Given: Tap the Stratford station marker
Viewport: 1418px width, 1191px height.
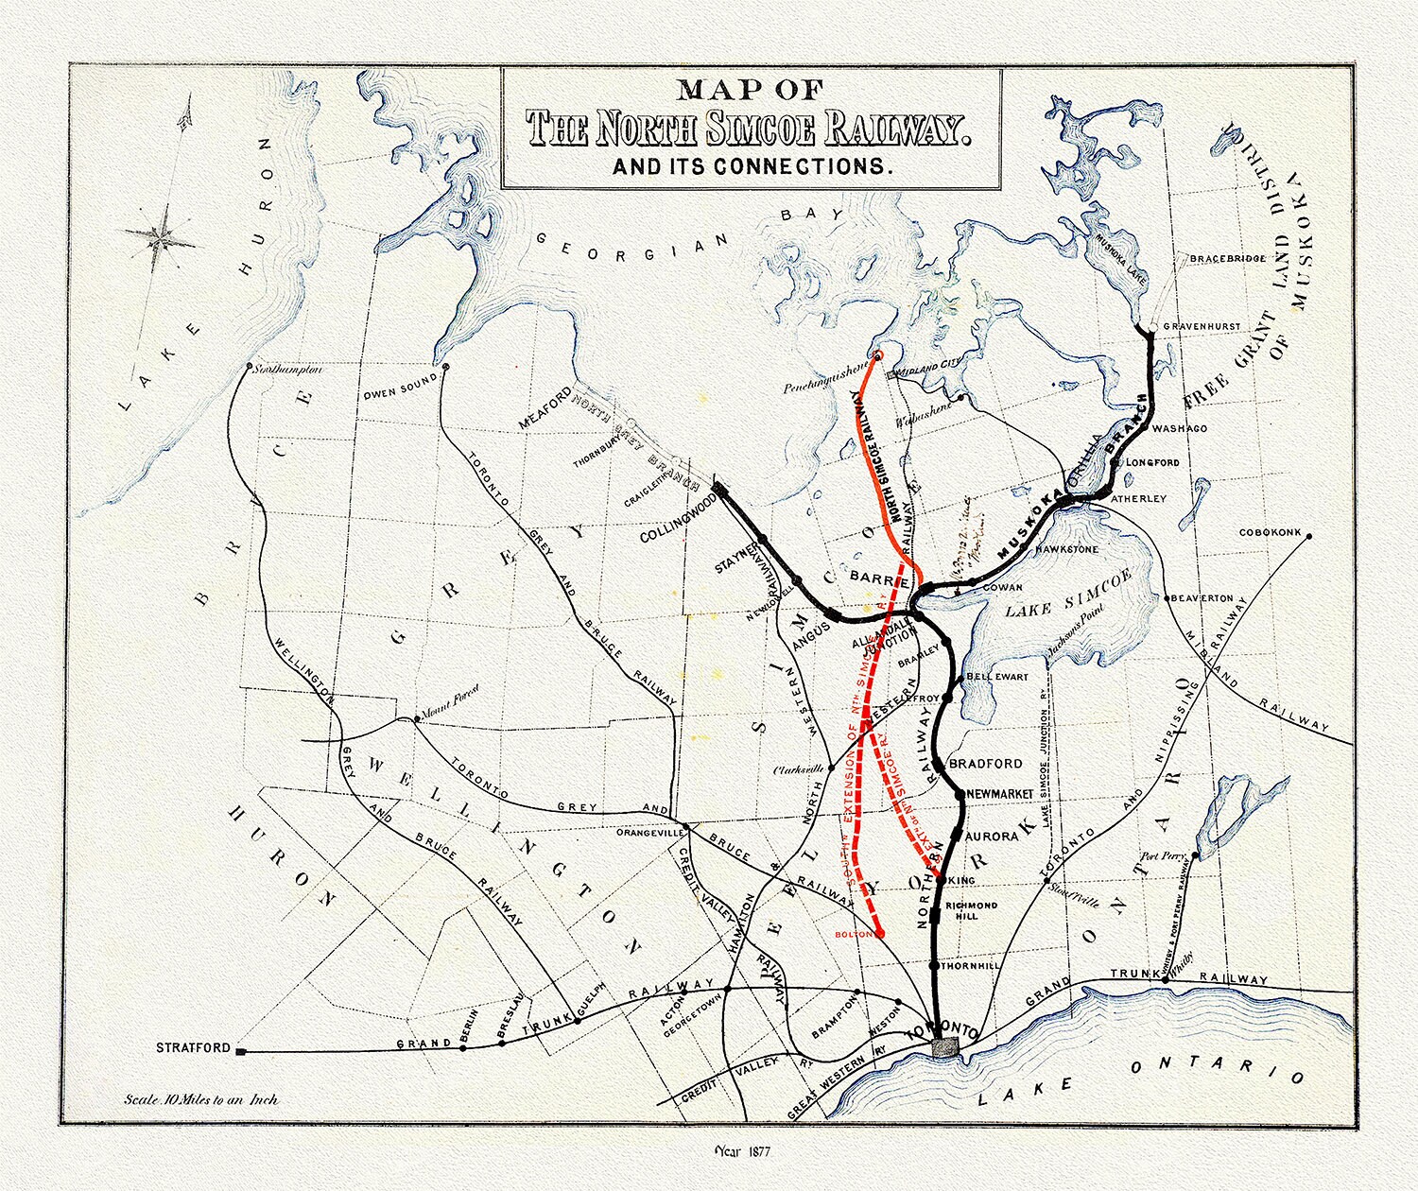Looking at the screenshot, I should (x=241, y=1050).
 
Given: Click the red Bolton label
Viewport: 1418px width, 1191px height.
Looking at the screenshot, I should (x=854, y=934).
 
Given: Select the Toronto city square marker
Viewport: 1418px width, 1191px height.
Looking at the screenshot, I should (x=944, y=1046).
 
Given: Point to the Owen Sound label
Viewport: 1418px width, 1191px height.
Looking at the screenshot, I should (x=400, y=381).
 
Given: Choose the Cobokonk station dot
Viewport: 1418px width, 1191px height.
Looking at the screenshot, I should (x=1308, y=536).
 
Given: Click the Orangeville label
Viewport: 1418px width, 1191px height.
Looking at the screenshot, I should (x=648, y=834).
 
